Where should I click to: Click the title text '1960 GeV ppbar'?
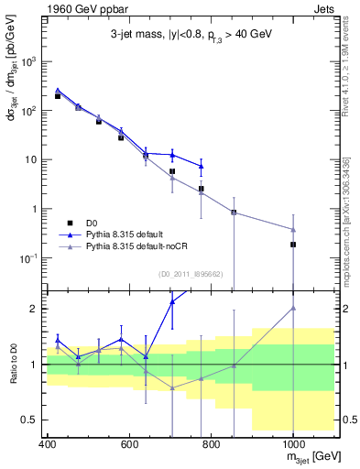[x=82, y=8]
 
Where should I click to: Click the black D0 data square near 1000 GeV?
[x=292, y=245]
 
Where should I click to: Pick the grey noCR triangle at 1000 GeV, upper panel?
[x=292, y=229]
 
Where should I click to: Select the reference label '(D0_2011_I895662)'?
[x=190, y=273]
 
